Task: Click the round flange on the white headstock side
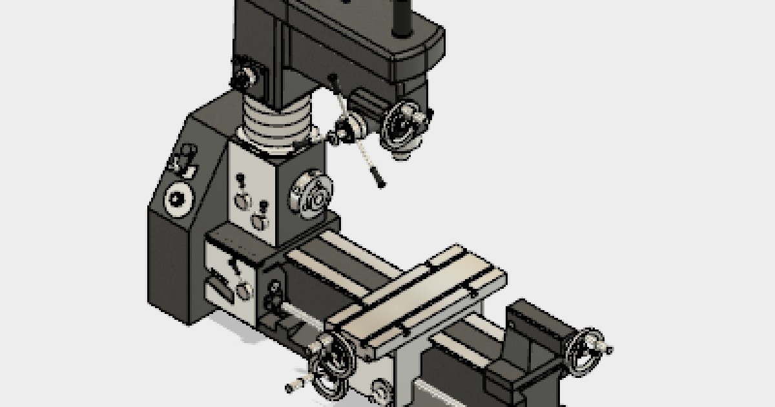[x=313, y=196]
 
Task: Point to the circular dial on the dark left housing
[x=179, y=200]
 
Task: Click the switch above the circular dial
[x=185, y=159]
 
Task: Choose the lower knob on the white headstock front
[x=261, y=220]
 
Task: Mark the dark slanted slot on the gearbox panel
[x=220, y=288]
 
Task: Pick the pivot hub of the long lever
[x=346, y=130]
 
